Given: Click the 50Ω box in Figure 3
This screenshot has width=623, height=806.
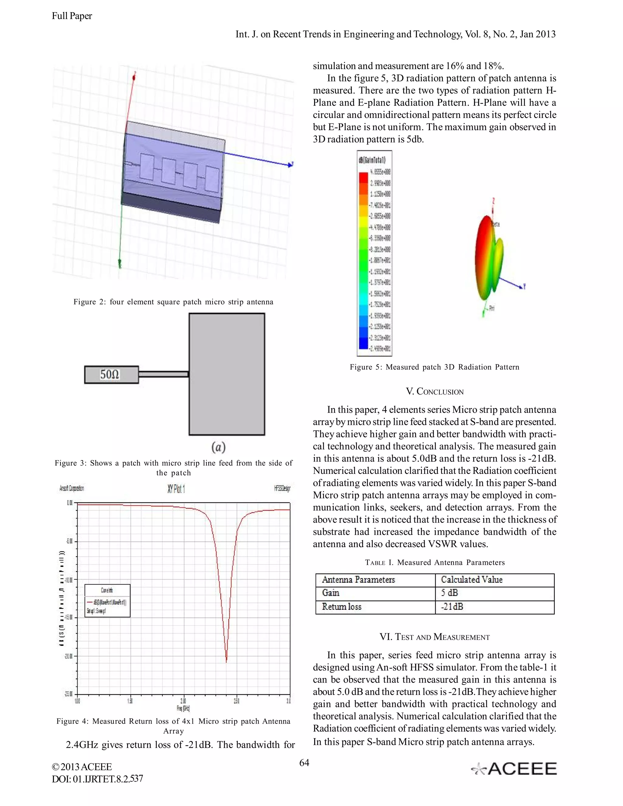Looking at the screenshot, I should coord(111,375).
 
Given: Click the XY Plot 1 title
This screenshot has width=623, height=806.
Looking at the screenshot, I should coord(176,489).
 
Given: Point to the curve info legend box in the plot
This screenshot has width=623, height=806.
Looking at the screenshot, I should coord(107,600).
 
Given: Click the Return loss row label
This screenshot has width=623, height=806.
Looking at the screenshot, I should coord(341,607).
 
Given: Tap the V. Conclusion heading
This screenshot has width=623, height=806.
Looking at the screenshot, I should coord(434,391).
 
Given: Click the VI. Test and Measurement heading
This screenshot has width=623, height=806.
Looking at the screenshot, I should coord(434,637).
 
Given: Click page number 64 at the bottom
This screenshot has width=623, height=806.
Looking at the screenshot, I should coord(304,763).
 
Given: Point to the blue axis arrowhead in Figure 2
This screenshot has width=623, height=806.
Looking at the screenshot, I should coord(290,164).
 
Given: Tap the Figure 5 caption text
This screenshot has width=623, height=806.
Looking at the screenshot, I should coord(434,367).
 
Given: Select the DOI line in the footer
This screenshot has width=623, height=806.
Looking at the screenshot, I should coord(97,779).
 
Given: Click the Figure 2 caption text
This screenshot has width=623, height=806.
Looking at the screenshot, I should coord(173,302).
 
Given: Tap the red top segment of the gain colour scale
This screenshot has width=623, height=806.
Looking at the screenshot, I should coord(363,177).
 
